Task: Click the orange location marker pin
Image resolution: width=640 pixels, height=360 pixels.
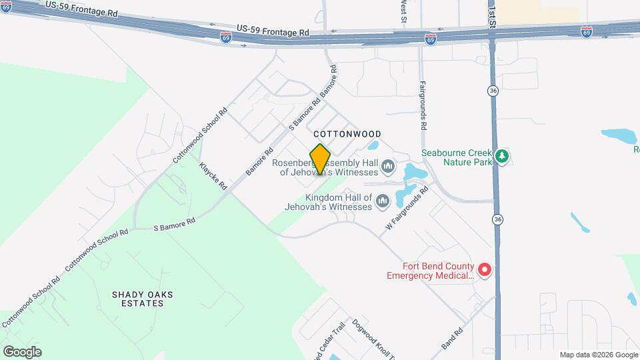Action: [x=321, y=159]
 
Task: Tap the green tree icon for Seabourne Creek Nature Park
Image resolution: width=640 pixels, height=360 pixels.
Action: [x=502, y=157]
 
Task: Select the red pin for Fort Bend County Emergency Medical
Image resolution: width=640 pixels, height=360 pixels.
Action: [x=485, y=269]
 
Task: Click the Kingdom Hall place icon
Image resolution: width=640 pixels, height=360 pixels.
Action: [x=383, y=201]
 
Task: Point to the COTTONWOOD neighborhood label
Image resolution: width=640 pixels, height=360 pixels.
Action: [x=347, y=134]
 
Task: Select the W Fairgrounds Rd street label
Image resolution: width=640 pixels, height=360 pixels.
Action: [x=406, y=209]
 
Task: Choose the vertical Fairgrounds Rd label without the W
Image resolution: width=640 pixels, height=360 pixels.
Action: [x=423, y=105]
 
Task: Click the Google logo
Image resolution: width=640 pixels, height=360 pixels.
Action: [x=22, y=351]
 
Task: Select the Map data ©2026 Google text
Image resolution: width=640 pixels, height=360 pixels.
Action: [x=599, y=355]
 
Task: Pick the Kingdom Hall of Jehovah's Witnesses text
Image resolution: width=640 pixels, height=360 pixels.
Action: [x=338, y=202]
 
